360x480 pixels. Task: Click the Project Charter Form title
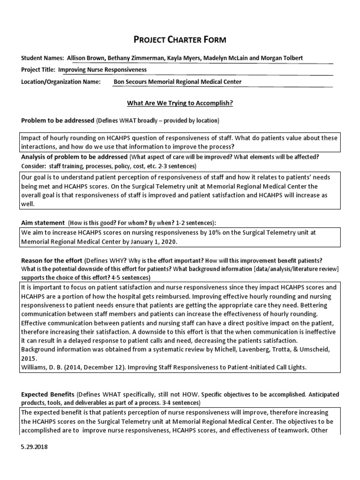click(180, 40)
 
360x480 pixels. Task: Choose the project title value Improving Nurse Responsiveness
click(102, 70)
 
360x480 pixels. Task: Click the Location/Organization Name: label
click(61, 82)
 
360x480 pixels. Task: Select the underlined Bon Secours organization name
click(178, 82)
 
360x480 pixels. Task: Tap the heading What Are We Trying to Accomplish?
click(180, 103)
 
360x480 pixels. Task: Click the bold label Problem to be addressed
click(58, 120)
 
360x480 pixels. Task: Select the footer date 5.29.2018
click(34, 447)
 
